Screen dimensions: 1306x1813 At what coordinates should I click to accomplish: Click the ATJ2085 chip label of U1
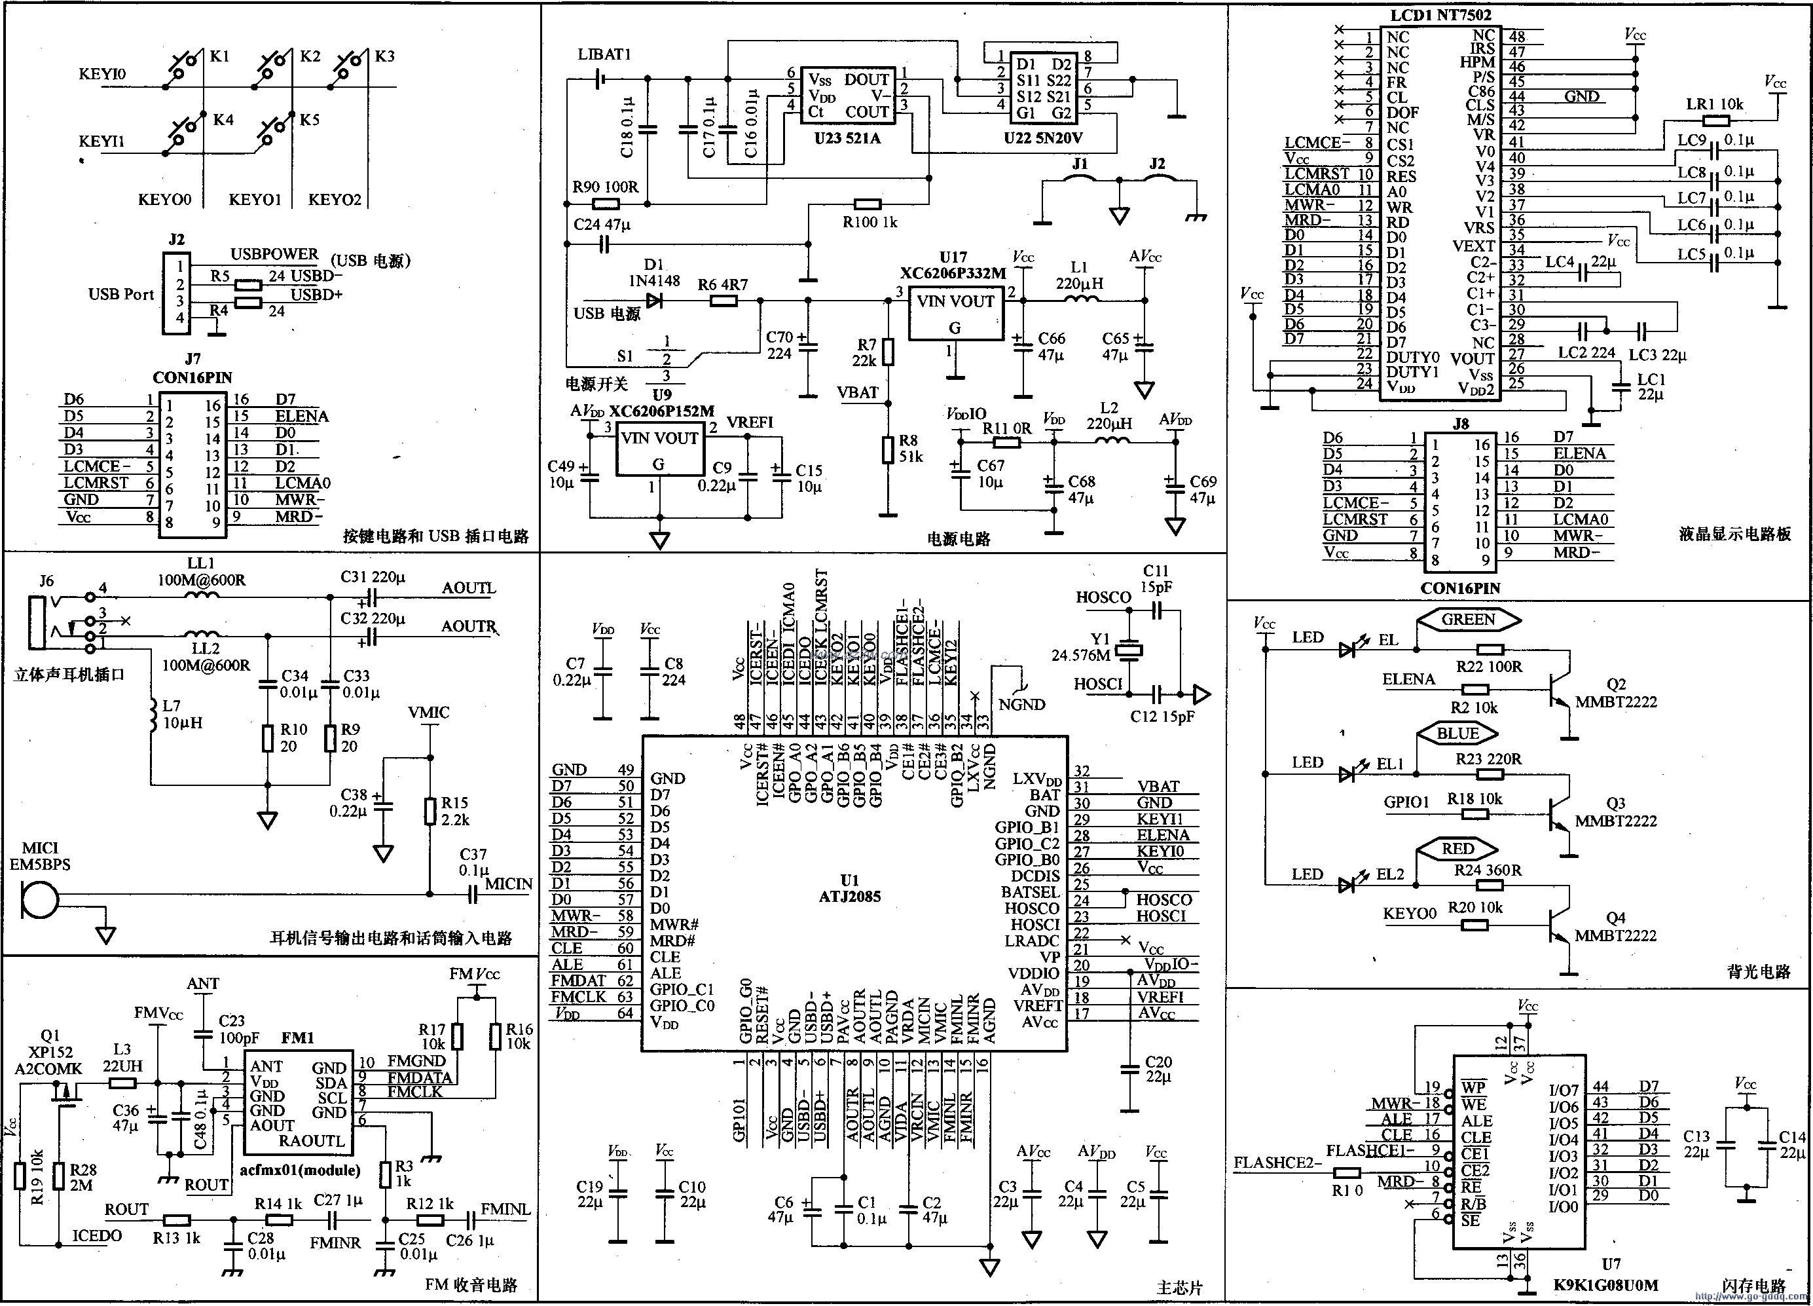click(x=849, y=897)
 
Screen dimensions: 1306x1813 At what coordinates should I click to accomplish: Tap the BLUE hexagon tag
click(x=1456, y=734)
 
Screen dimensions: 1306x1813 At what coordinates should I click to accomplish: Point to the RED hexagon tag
click(x=1456, y=849)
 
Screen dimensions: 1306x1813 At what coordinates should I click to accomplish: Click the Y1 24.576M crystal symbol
click(x=1129, y=650)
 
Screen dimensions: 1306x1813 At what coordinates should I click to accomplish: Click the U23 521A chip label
click(x=847, y=138)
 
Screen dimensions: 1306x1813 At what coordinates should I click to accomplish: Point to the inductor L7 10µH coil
click(x=151, y=716)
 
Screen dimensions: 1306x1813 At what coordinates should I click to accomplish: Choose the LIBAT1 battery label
click(x=604, y=54)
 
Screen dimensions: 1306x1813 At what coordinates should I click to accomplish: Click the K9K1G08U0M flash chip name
click(x=1605, y=1285)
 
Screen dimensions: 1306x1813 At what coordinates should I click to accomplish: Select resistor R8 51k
click(x=887, y=449)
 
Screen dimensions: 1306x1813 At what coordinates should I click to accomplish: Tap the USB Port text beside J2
click(x=120, y=294)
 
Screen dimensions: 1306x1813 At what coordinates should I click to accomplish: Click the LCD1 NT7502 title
click(x=1440, y=15)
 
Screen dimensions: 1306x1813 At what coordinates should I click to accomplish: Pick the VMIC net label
click(x=428, y=712)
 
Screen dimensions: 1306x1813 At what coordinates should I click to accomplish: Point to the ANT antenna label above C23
click(x=203, y=983)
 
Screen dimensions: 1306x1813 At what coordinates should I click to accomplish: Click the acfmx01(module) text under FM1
click(x=300, y=1170)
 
